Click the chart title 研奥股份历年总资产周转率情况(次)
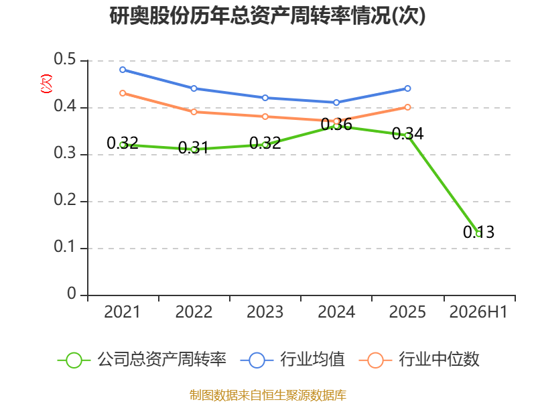267,15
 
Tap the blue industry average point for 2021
123,70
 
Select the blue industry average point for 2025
407,88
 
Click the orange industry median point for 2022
194,112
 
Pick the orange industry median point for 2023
265,117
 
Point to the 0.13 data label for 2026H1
478,232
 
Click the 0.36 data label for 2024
336,125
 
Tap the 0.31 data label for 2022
194,147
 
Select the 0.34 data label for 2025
407,133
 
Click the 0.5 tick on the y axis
65,59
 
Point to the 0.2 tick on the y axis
65,200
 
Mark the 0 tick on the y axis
72,293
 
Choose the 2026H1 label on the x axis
478,312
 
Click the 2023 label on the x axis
265,312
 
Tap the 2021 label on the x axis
122,312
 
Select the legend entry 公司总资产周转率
142,360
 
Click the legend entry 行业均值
293,360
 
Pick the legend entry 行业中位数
419,360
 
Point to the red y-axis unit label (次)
46,84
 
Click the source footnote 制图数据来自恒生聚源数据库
267,395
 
